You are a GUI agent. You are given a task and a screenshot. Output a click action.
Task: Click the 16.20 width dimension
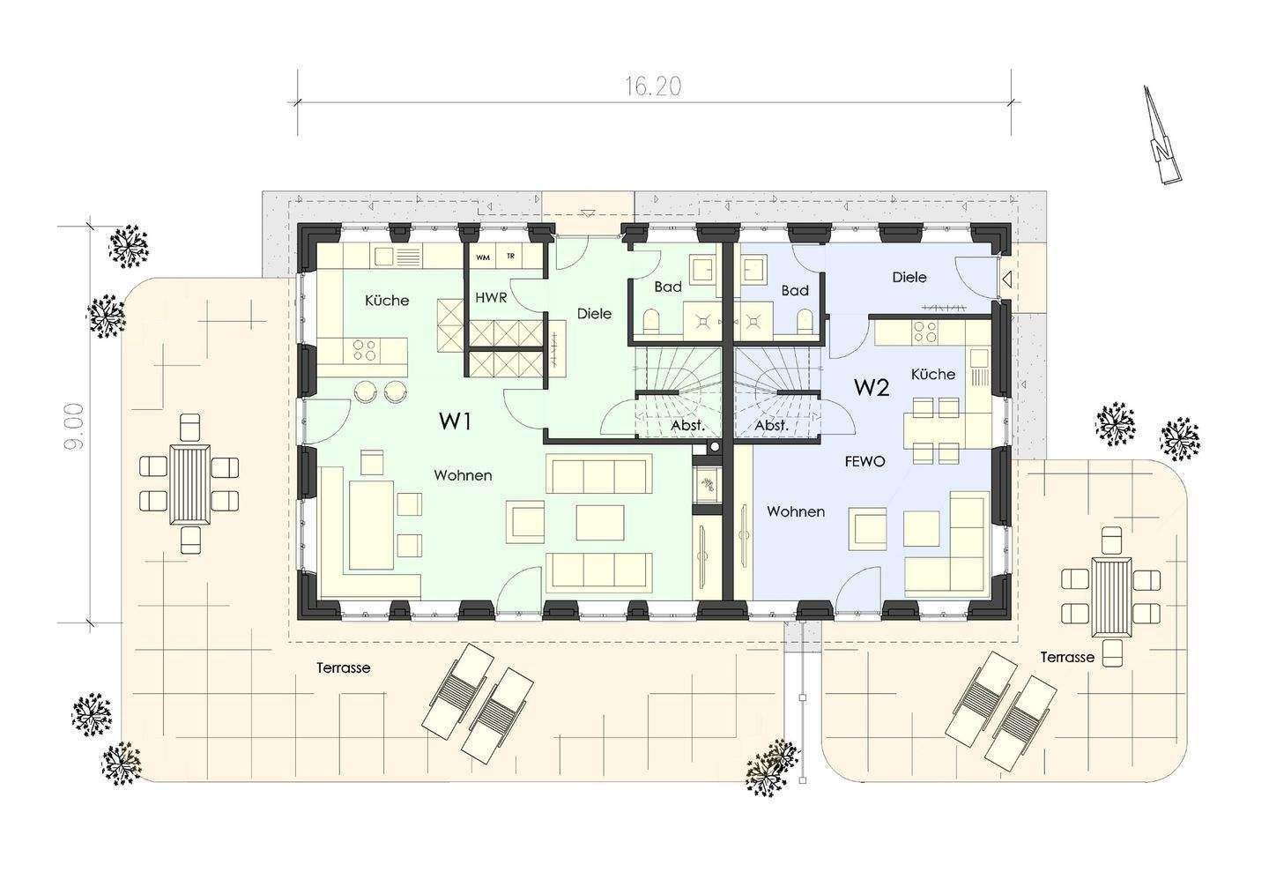coord(653,86)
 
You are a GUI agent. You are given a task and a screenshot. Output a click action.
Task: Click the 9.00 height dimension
coord(74,426)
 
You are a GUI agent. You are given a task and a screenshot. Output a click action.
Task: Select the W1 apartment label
coord(455,421)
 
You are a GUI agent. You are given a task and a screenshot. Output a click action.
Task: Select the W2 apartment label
coord(872,387)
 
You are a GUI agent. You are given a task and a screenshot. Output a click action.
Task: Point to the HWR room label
coord(491,297)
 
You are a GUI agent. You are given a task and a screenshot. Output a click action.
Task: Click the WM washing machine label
coord(483,257)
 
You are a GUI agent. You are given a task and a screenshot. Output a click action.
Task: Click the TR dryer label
coord(510,257)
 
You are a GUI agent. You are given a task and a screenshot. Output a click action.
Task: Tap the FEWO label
coord(865,461)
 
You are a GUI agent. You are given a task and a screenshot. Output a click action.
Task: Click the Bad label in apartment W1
coord(668,287)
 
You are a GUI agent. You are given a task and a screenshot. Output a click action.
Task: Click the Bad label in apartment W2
coord(795,291)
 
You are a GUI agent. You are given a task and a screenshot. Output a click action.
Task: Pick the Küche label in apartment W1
coord(387,300)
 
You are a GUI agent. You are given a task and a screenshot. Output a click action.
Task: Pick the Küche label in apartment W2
coord(933,374)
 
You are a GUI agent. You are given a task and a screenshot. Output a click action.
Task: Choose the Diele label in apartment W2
coord(909,277)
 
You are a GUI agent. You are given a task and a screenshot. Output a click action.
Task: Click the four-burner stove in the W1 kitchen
coord(364,349)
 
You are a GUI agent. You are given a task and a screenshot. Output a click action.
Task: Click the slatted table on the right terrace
coord(1111,598)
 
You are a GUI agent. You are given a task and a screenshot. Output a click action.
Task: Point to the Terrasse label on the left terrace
coord(344,667)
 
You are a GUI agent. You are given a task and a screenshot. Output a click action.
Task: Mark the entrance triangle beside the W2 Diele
coord(1006,279)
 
